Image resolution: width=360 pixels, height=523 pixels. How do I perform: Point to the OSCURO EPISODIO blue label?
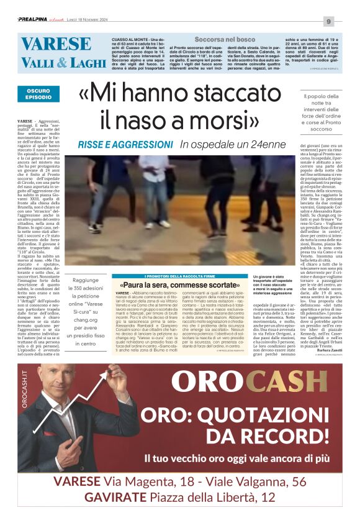click(x=38, y=94)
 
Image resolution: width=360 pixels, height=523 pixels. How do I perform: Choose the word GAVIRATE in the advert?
click(x=116, y=497)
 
